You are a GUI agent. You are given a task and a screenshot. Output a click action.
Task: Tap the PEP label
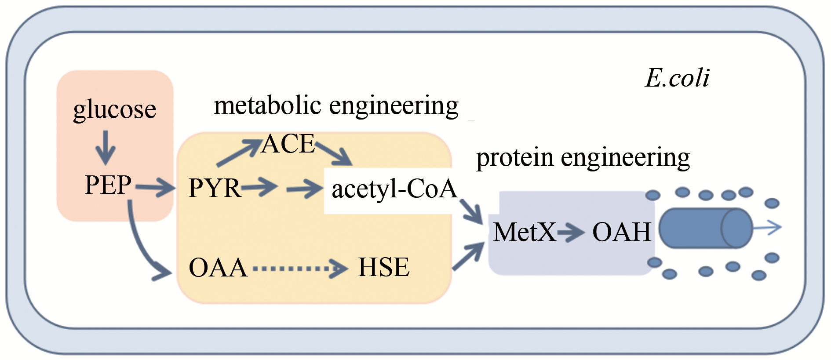tap(108, 185)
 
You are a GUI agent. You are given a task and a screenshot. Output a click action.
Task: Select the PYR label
tap(214, 188)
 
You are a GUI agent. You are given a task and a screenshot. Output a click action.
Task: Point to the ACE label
tap(288, 144)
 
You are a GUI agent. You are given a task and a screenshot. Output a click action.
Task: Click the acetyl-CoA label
tap(394, 189)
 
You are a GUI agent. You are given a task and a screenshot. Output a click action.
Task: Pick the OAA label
tap(218, 267)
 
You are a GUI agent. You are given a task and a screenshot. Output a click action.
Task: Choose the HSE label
tap(384, 267)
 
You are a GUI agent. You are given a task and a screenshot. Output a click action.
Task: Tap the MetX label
tap(524, 232)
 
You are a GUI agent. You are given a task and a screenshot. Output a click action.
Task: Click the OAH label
tap(622, 232)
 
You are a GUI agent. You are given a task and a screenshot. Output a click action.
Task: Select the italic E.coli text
tap(677, 78)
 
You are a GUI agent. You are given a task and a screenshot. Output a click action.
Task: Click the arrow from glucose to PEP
tap(106, 147)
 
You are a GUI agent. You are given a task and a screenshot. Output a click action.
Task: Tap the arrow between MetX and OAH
tap(571, 232)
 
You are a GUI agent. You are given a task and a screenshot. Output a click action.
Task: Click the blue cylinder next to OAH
tap(705, 228)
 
